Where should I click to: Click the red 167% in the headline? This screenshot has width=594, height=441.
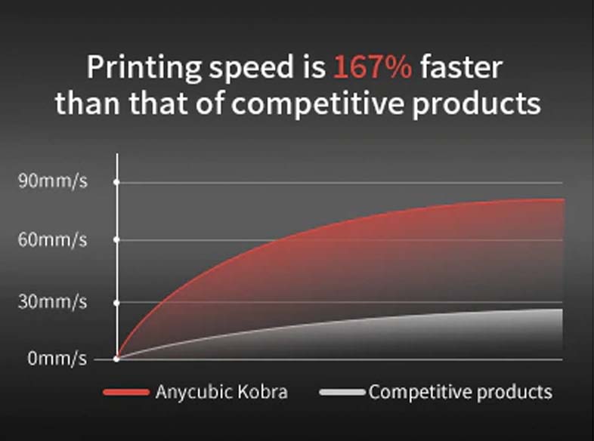point(373,67)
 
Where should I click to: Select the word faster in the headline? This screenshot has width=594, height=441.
point(461,67)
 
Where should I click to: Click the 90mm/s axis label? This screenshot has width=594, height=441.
point(53,181)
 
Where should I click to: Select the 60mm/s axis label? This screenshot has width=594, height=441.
point(53,240)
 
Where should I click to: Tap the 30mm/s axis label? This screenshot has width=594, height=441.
point(53,302)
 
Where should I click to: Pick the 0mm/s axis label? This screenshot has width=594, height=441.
point(57,358)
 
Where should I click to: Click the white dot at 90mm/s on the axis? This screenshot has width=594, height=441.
point(116,183)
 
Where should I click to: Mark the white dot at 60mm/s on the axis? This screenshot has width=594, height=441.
point(116,239)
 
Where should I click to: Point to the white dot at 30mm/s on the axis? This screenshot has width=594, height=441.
point(116,303)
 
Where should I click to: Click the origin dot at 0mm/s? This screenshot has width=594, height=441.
point(116,359)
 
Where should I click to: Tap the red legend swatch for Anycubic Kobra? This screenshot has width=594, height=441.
point(126,392)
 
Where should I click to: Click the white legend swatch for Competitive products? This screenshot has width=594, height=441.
point(342,392)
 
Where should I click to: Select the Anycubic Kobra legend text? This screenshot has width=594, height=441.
point(221,392)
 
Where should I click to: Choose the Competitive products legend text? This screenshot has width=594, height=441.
point(461,392)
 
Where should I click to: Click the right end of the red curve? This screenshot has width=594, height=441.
point(564,199)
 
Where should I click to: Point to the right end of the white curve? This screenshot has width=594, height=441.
point(562,310)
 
